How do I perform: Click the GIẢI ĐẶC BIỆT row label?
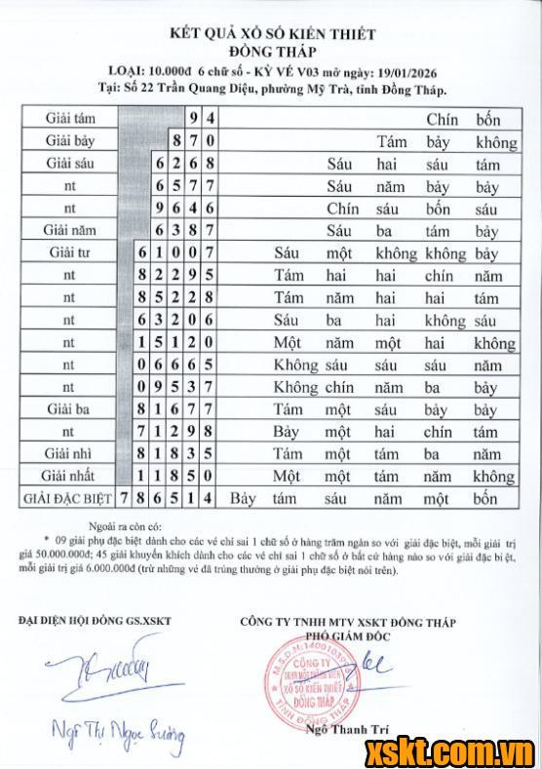[65, 499]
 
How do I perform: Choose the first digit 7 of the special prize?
[125, 499]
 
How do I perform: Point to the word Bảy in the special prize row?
[244, 499]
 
